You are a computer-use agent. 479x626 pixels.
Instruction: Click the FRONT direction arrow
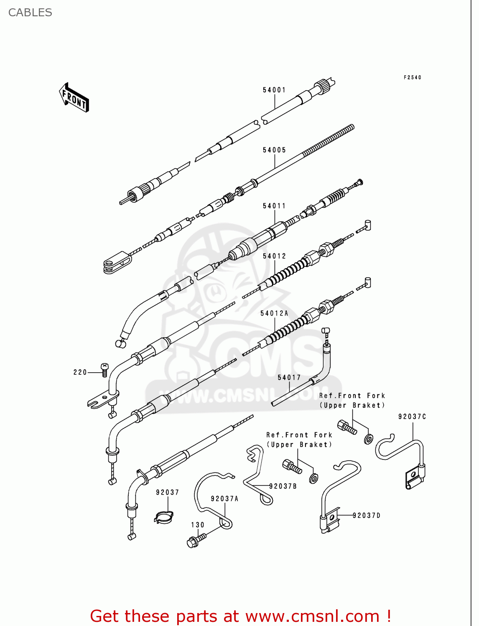point(74,98)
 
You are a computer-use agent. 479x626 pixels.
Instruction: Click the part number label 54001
point(274,90)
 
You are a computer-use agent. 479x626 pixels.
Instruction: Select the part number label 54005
point(274,150)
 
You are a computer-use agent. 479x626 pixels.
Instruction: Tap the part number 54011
point(274,206)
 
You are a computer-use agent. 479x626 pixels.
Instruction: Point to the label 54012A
point(274,313)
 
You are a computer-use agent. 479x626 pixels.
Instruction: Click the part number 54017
point(289,378)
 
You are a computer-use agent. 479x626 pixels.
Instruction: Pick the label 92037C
point(412,417)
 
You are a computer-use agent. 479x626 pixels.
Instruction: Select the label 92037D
point(367,516)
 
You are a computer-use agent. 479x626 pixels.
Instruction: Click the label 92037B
point(283,487)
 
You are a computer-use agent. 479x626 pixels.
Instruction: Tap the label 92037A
point(224,499)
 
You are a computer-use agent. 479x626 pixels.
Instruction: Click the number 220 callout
point(80,373)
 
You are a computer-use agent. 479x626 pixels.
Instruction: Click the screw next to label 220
point(104,369)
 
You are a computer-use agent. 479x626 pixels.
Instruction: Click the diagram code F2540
point(413,78)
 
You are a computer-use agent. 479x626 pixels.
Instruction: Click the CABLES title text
point(30,13)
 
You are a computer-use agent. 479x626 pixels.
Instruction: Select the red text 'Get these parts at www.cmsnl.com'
point(240,616)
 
